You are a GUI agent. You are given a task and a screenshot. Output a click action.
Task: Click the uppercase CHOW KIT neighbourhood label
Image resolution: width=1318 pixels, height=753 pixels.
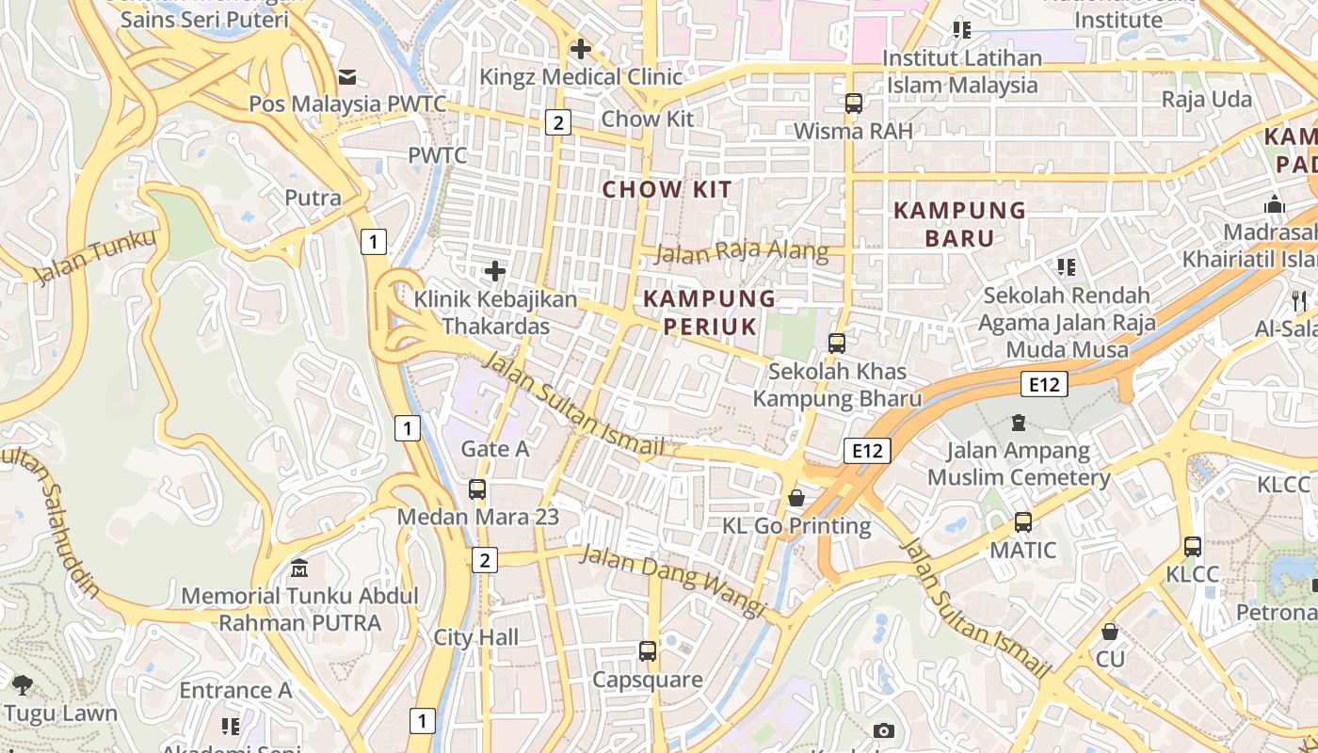click(x=667, y=189)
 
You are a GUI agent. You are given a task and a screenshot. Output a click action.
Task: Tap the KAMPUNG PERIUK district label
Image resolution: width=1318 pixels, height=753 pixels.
click(x=710, y=312)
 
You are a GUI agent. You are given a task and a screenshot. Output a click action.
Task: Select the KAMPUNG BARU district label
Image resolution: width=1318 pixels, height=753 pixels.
click(x=958, y=224)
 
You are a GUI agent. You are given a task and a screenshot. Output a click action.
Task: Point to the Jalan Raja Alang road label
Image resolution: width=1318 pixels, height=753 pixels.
click(x=742, y=252)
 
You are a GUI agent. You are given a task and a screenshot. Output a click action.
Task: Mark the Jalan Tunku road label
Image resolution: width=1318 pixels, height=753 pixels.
click(x=95, y=256)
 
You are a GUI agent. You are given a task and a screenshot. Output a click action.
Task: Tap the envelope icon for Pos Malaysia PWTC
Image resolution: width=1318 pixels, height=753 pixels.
click(x=347, y=77)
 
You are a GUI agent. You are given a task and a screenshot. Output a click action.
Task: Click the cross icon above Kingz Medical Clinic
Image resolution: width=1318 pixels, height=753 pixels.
click(x=581, y=49)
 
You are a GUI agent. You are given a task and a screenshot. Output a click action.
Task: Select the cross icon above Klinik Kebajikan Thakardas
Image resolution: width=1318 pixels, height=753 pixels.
click(x=495, y=272)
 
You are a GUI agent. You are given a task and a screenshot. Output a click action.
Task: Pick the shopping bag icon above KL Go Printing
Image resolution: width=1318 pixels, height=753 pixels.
click(x=796, y=498)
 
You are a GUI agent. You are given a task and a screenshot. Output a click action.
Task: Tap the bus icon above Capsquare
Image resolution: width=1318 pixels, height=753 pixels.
click(x=647, y=651)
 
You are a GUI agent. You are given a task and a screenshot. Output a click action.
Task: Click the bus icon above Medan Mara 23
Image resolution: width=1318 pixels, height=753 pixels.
click(x=477, y=489)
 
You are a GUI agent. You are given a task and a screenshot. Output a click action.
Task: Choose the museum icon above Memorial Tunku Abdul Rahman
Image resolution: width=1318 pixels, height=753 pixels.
click(x=299, y=569)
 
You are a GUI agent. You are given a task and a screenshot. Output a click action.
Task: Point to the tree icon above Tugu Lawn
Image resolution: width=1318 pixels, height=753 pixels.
click(x=23, y=685)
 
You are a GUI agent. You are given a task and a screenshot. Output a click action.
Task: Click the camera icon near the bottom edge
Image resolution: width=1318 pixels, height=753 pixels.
click(x=883, y=730)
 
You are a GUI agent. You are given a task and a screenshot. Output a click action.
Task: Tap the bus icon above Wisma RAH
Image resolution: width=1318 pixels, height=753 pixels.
click(x=853, y=104)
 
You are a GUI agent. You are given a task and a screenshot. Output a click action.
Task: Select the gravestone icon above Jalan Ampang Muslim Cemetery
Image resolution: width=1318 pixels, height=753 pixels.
click(x=1018, y=424)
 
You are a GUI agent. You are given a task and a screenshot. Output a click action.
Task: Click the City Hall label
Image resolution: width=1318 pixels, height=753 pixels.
click(x=475, y=637)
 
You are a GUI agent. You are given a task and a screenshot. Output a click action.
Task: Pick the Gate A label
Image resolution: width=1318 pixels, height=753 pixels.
click(x=494, y=449)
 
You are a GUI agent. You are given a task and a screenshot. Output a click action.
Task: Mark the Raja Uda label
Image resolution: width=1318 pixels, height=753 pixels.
click(x=1206, y=100)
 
